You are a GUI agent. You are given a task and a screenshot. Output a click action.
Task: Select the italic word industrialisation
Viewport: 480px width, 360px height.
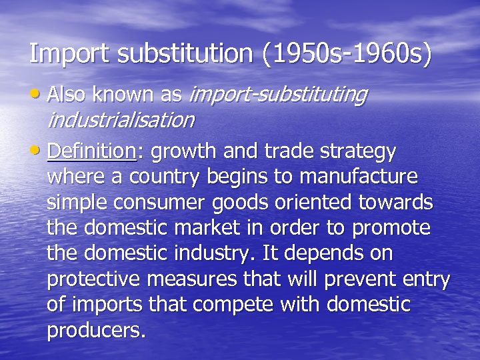[x=121, y=120]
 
